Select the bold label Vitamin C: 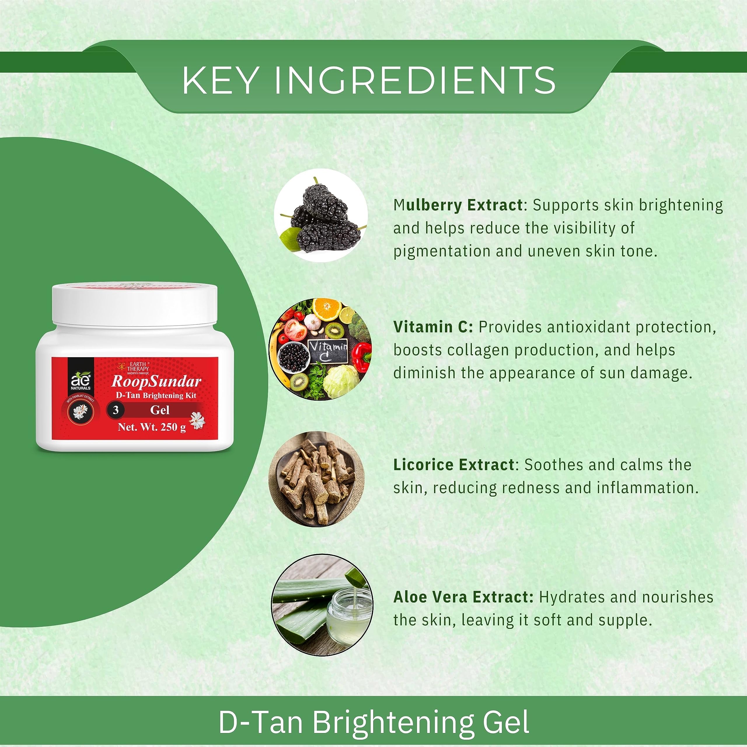(433, 327)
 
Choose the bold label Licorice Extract (454, 465)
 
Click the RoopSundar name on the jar (156, 382)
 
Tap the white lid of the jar (135, 303)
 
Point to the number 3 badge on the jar (115, 410)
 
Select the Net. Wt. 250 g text (152, 428)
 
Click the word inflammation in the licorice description (647, 488)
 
